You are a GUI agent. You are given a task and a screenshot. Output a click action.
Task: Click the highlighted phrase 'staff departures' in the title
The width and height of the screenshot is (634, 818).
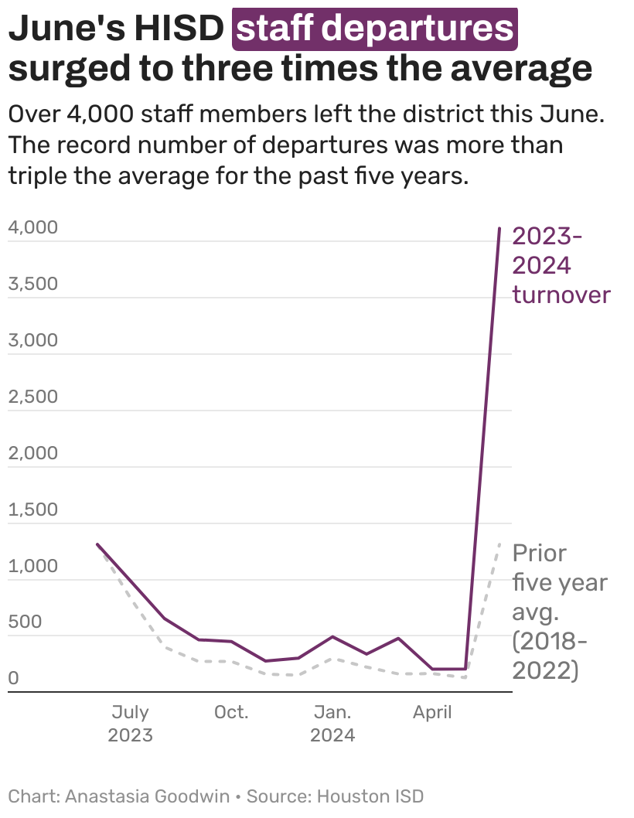[x=375, y=29]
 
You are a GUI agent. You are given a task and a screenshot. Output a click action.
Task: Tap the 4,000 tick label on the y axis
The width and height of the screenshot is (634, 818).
[x=32, y=227]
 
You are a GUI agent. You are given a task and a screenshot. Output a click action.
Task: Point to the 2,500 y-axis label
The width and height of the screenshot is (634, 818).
[x=32, y=397]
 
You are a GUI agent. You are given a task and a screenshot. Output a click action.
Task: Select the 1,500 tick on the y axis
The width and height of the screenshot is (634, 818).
[x=32, y=510]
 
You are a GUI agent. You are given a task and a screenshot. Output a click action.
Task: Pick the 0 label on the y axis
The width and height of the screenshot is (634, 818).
[x=13, y=679]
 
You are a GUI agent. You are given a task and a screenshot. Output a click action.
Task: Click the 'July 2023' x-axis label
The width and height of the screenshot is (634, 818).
[x=130, y=723]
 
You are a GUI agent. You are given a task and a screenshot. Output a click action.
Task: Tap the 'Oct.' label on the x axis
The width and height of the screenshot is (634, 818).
[x=231, y=712]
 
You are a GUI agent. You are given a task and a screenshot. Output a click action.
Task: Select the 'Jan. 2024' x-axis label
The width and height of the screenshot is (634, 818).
[x=332, y=723]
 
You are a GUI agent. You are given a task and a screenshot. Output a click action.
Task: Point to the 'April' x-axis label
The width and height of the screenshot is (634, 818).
[x=432, y=712]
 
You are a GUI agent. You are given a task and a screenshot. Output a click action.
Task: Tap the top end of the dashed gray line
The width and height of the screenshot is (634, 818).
[x=499, y=544]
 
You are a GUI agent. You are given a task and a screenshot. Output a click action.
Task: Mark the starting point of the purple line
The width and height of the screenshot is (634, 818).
[x=97, y=544]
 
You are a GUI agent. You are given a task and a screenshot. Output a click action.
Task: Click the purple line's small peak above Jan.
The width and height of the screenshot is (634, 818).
[x=332, y=636]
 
